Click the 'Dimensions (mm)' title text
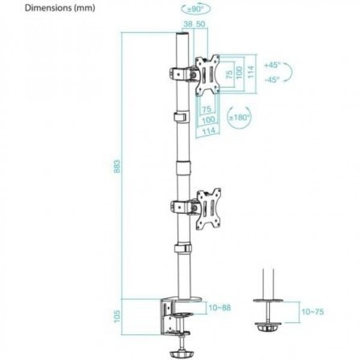click(60, 8)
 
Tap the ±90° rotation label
click(196, 10)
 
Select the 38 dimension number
click(188, 24)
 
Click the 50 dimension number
click(200, 24)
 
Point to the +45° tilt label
click(272, 65)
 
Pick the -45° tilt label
click(272, 80)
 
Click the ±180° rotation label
click(239, 118)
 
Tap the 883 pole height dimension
click(117, 166)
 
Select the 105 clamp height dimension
click(117, 316)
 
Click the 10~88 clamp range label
click(220, 308)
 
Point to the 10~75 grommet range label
click(313, 312)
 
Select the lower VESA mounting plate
click(208, 208)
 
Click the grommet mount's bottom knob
click(268, 327)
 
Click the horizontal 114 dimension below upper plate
click(208, 131)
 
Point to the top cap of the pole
click(182, 37)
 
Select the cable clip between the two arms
click(181, 116)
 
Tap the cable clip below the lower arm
click(183, 248)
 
